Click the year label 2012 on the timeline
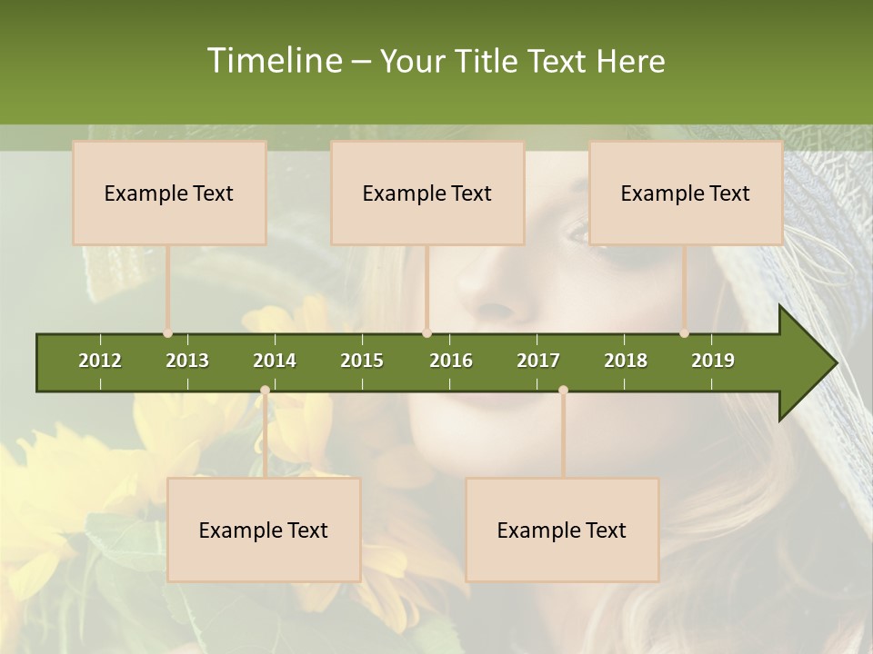coord(100,361)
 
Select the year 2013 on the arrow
coord(187,361)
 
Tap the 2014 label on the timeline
coord(275,361)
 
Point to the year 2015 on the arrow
coord(362,361)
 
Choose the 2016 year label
coord(451,361)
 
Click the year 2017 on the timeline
coord(538,361)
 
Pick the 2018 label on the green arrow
coord(626,361)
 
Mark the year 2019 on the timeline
coord(713,361)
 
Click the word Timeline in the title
coord(273,61)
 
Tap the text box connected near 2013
coord(169,193)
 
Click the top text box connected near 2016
coord(427,193)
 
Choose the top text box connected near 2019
coord(686,193)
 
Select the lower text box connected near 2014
coord(264,530)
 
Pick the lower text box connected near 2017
coord(562,530)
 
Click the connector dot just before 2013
coord(167,333)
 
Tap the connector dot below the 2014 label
coord(265,390)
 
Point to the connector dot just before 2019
coord(684,333)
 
